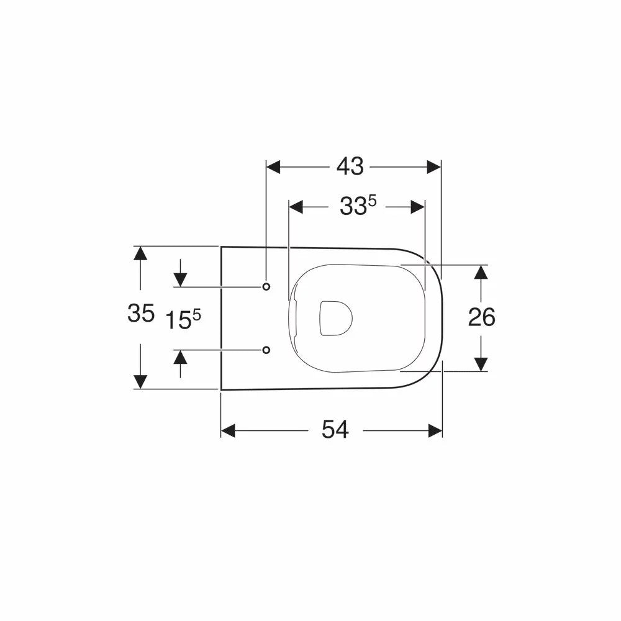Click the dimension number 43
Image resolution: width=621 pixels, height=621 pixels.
coord(350,166)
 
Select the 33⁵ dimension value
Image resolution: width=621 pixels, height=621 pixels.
coord(358,206)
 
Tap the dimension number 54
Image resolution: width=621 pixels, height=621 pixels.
coord(335,430)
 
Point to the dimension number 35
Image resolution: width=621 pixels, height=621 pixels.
coord(140,313)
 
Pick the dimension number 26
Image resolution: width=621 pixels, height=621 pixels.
coord(482,317)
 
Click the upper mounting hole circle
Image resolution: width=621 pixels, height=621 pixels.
coord(266,286)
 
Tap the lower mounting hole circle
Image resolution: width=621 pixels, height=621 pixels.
coord(266,350)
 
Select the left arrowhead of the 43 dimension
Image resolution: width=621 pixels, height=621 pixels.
coord(273,167)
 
